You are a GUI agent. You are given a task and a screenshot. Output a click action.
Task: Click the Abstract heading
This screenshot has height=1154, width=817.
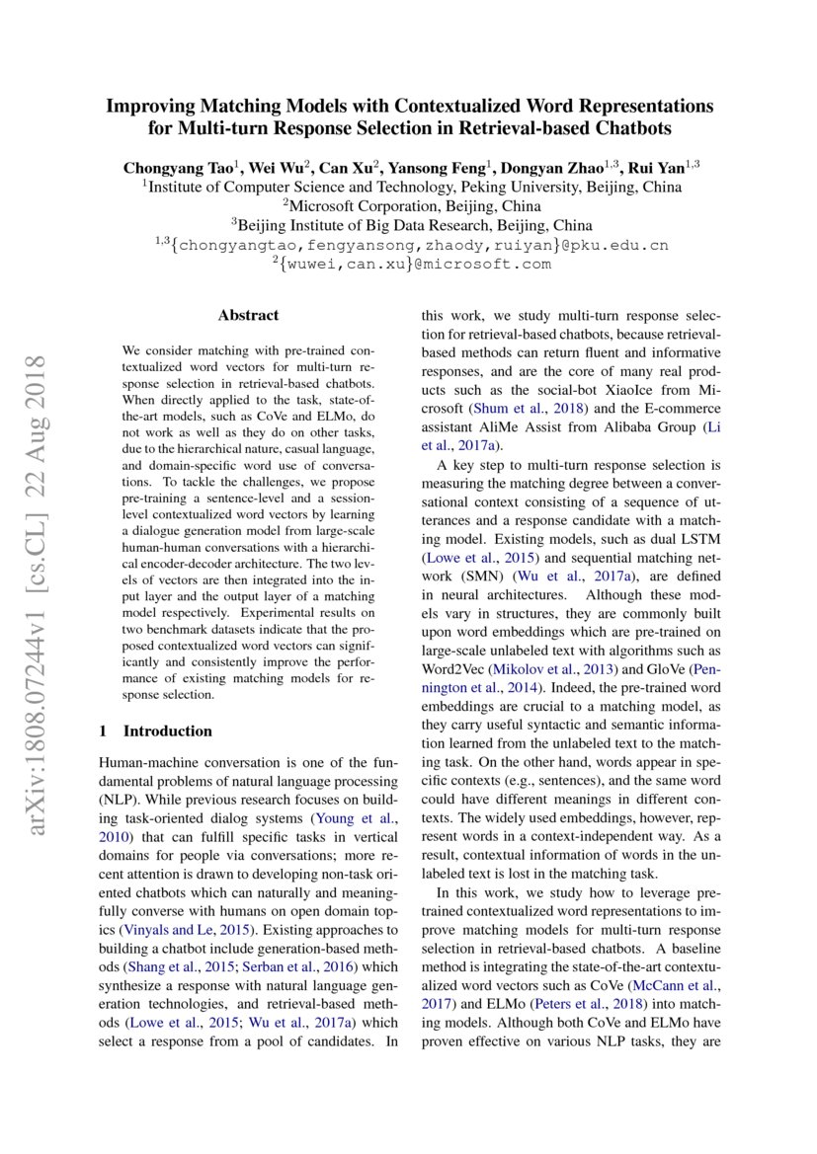pos(248,316)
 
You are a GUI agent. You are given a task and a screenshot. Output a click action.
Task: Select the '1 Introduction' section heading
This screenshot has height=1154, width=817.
pos(156,731)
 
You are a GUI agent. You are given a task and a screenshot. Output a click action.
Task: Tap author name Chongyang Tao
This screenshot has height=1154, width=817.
pos(165,167)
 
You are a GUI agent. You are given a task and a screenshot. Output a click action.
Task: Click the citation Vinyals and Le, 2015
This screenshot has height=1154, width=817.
pos(182,929)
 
